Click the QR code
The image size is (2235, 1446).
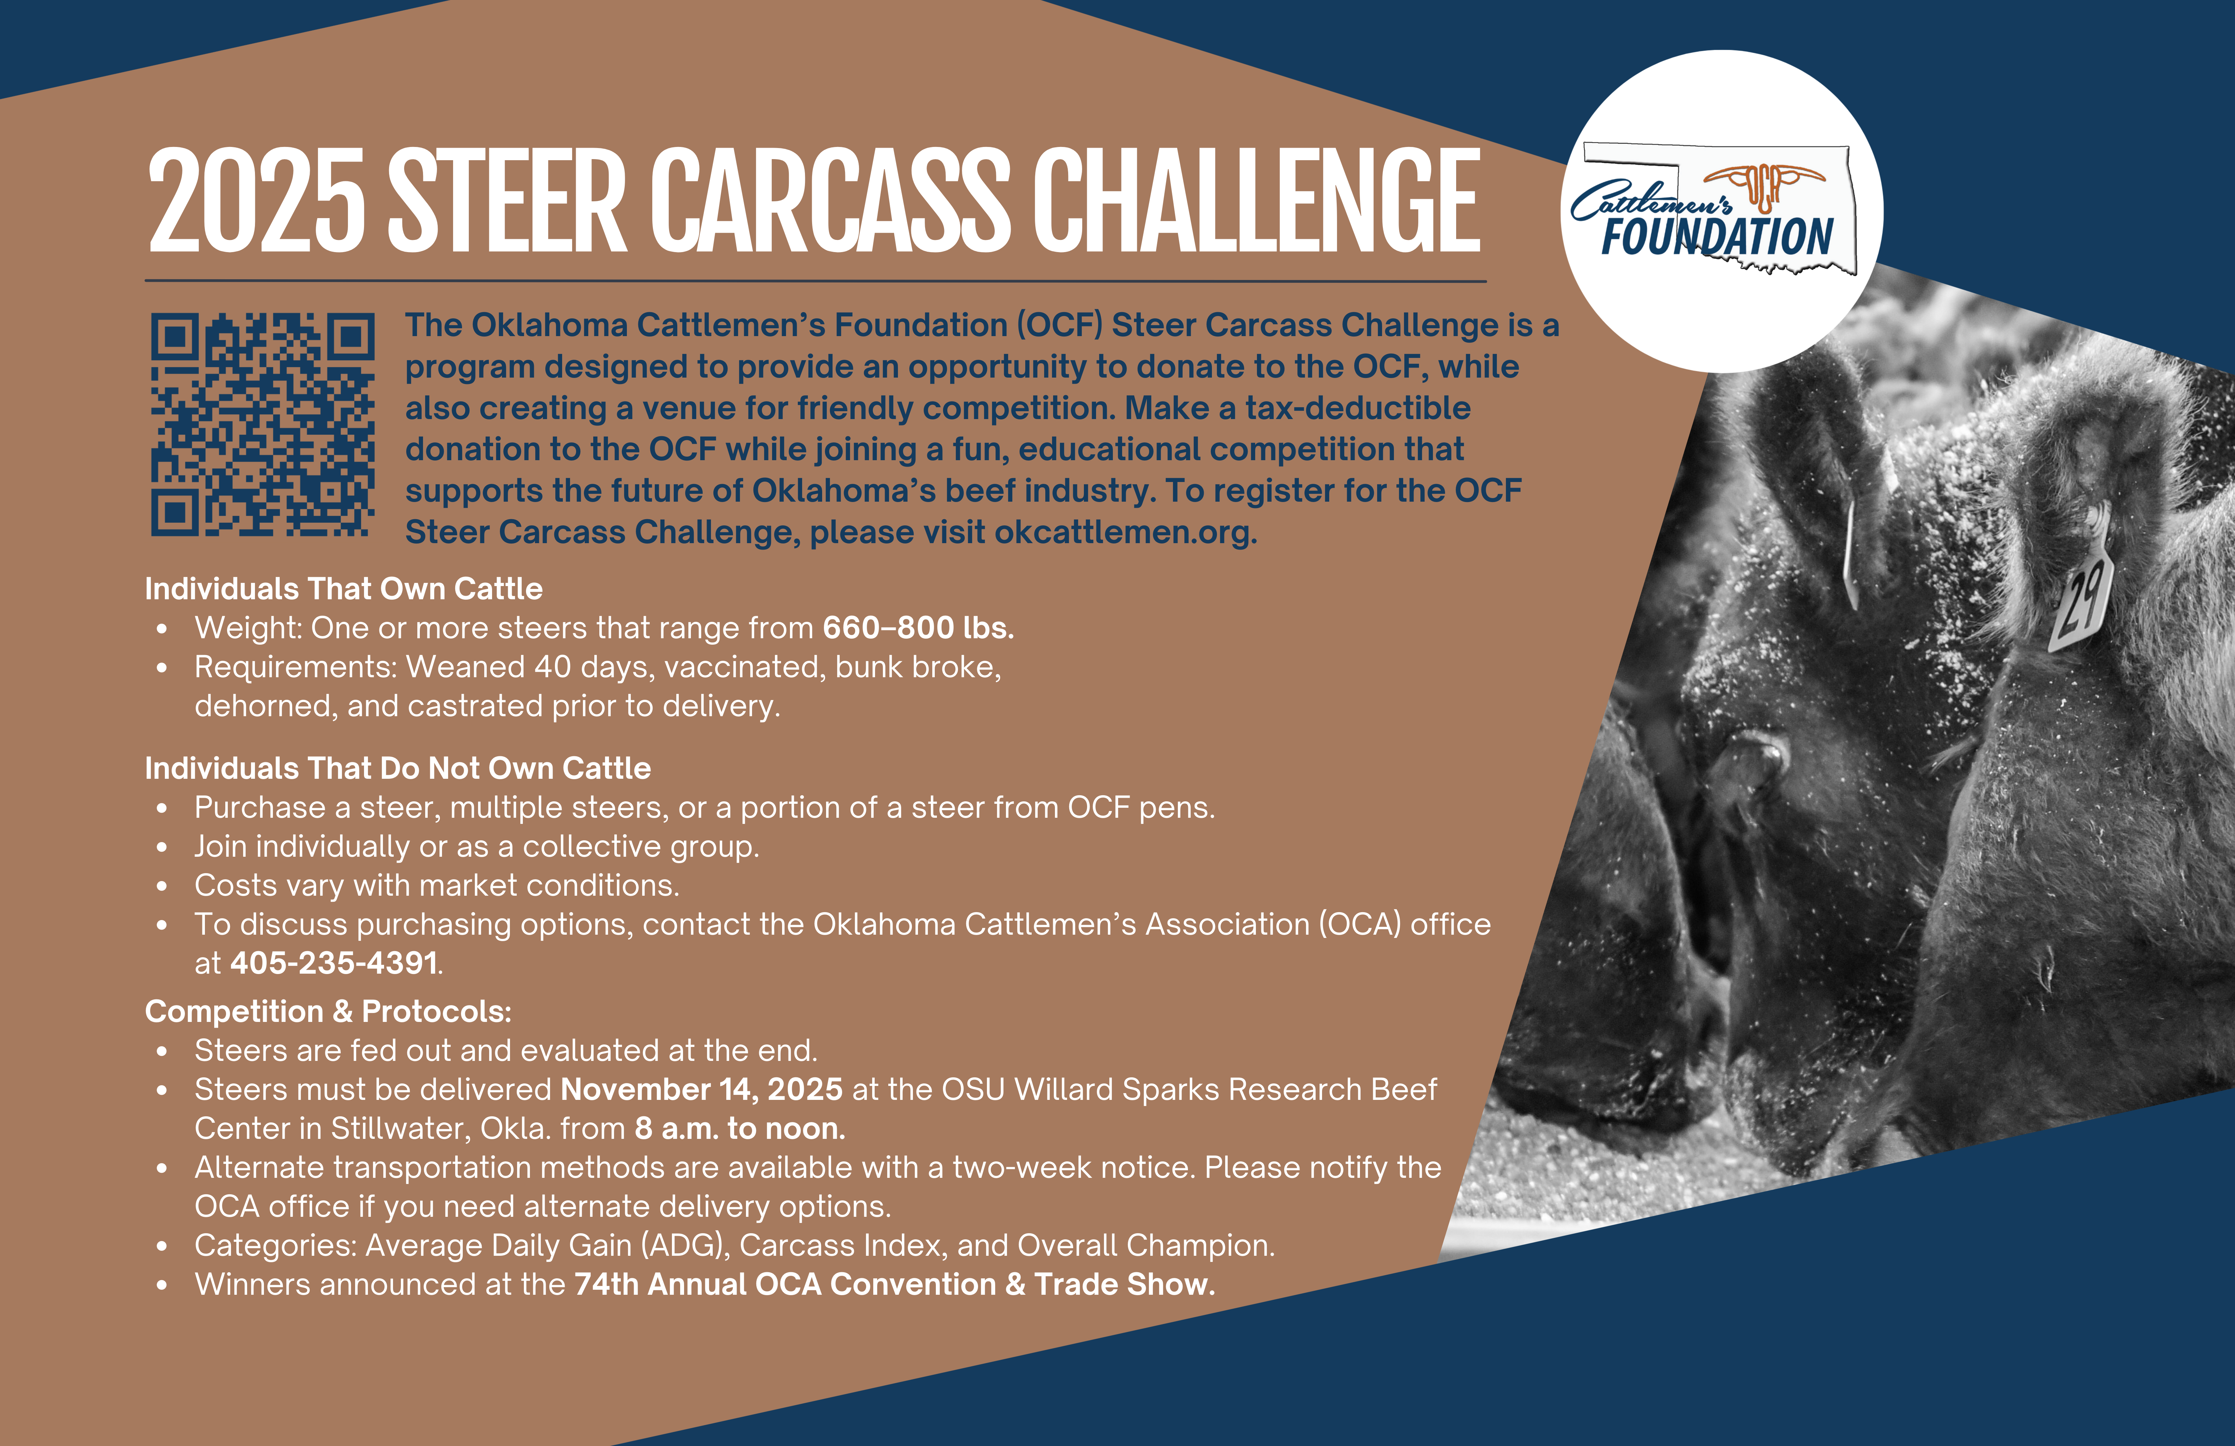[263, 424]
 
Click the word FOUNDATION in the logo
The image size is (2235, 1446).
[1718, 237]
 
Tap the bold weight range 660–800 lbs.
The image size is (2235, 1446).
[918, 627]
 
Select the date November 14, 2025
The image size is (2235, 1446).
[702, 1089]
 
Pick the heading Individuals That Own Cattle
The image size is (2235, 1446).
[344, 589]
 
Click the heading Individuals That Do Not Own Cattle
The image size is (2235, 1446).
[397, 768]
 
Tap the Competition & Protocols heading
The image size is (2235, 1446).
[328, 1011]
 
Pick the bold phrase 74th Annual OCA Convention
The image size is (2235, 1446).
[785, 1284]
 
